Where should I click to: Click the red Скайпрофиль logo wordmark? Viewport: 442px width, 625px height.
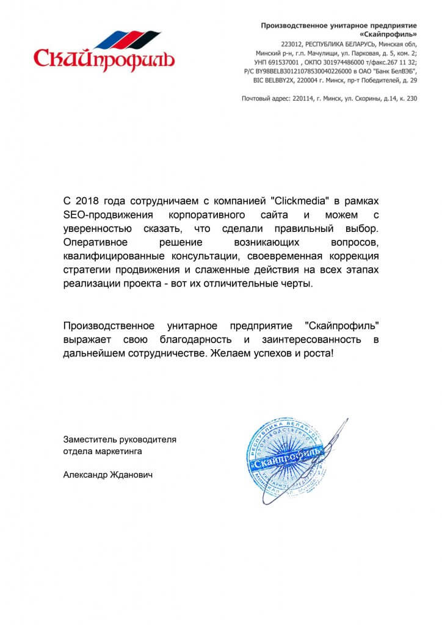pyautogui.click(x=104, y=59)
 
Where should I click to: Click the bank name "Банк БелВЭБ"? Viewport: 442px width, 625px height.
pyautogui.click(x=389, y=71)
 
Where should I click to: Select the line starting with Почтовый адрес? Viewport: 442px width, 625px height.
pyautogui.click(x=330, y=98)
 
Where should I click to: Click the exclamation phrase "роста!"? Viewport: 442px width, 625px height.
pyautogui.click(x=321, y=353)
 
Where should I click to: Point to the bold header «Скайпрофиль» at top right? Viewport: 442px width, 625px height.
pyautogui.click(x=390, y=34)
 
